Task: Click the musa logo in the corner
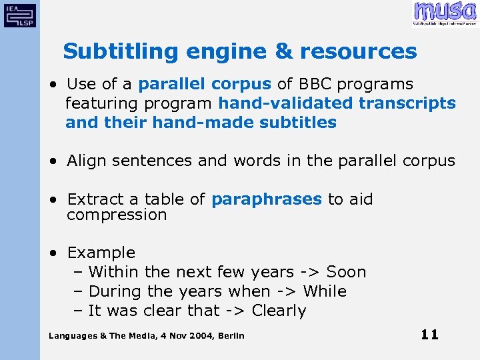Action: (445, 13)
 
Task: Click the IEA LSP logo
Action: (20, 14)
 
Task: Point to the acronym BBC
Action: (315, 84)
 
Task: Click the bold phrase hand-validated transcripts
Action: (337, 103)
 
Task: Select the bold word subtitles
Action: (298, 123)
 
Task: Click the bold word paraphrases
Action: (266, 199)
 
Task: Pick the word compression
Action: (117, 215)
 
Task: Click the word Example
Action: (101, 253)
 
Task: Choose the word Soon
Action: (346, 272)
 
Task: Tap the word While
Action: (325, 291)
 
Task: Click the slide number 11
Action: (430, 335)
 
